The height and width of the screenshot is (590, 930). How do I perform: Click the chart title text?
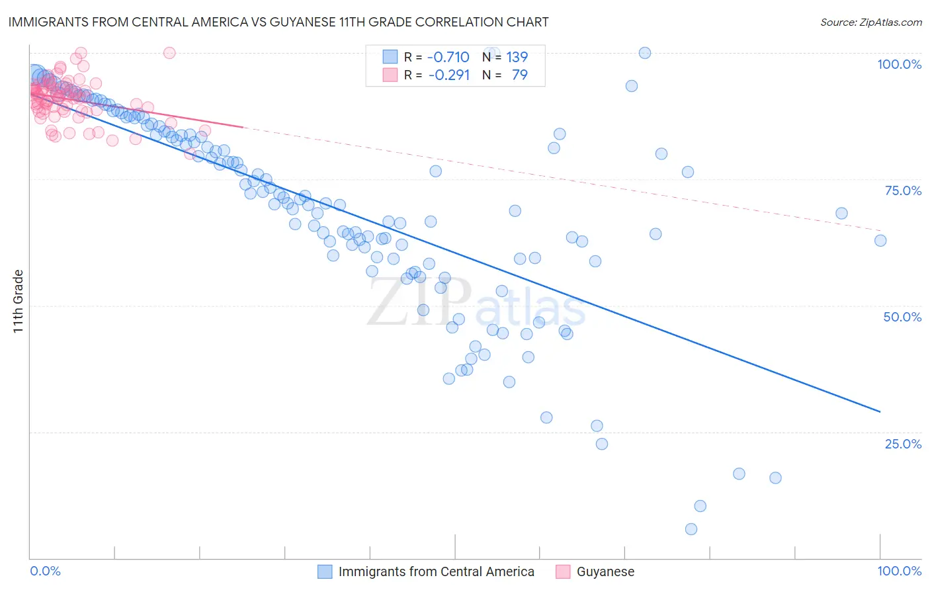pyautogui.click(x=278, y=22)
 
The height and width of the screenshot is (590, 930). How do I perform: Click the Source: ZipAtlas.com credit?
pyautogui.click(x=870, y=22)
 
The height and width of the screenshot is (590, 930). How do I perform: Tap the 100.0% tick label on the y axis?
pyautogui.click(x=899, y=64)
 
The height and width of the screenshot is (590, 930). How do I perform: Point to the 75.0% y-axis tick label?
pyautogui.click(x=902, y=190)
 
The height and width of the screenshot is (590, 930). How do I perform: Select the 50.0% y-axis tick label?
pyautogui.click(x=902, y=317)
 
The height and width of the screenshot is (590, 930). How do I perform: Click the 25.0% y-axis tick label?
pyautogui.click(x=902, y=444)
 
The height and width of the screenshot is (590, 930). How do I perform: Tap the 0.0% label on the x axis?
pyautogui.click(x=46, y=571)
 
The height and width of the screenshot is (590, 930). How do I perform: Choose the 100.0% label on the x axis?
pyautogui.click(x=899, y=571)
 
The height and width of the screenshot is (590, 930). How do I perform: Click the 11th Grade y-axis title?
pyautogui.click(x=18, y=301)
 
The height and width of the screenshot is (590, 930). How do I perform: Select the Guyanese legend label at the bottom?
pyautogui.click(x=605, y=571)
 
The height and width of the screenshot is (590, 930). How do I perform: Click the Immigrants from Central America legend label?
pyautogui.click(x=436, y=571)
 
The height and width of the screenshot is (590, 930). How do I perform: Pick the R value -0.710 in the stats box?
pyautogui.click(x=448, y=57)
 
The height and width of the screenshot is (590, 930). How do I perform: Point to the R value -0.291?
pyautogui.click(x=448, y=75)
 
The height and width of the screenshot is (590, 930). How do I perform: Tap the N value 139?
pyautogui.click(x=517, y=57)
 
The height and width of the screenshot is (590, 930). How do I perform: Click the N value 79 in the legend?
pyautogui.click(x=519, y=75)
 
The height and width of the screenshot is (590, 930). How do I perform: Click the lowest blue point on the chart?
pyautogui.click(x=691, y=529)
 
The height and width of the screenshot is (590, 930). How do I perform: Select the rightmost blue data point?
pyautogui.click(x=880, y=241)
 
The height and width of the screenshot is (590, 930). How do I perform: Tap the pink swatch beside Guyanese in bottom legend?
pyautogui.click(x=563, y=571)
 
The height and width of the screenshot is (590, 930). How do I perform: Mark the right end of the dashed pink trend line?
pyautogui.click(x=880, y=230)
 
